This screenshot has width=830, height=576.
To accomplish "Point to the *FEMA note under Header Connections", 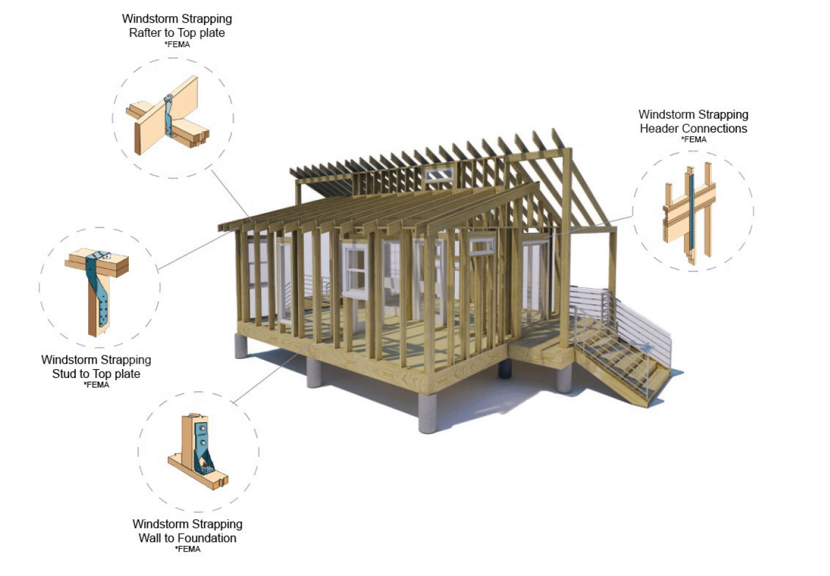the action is [693, 140].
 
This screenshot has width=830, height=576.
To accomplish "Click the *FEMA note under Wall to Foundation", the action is [187, 549].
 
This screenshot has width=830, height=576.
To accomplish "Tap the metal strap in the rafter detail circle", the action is [169, 116].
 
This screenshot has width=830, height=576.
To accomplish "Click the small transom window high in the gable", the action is [439, 174].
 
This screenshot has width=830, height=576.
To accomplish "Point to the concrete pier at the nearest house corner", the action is [428, 413].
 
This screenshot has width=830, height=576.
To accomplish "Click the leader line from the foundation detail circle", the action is [272, 373].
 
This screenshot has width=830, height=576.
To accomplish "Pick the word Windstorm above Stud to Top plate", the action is [69, 360].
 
